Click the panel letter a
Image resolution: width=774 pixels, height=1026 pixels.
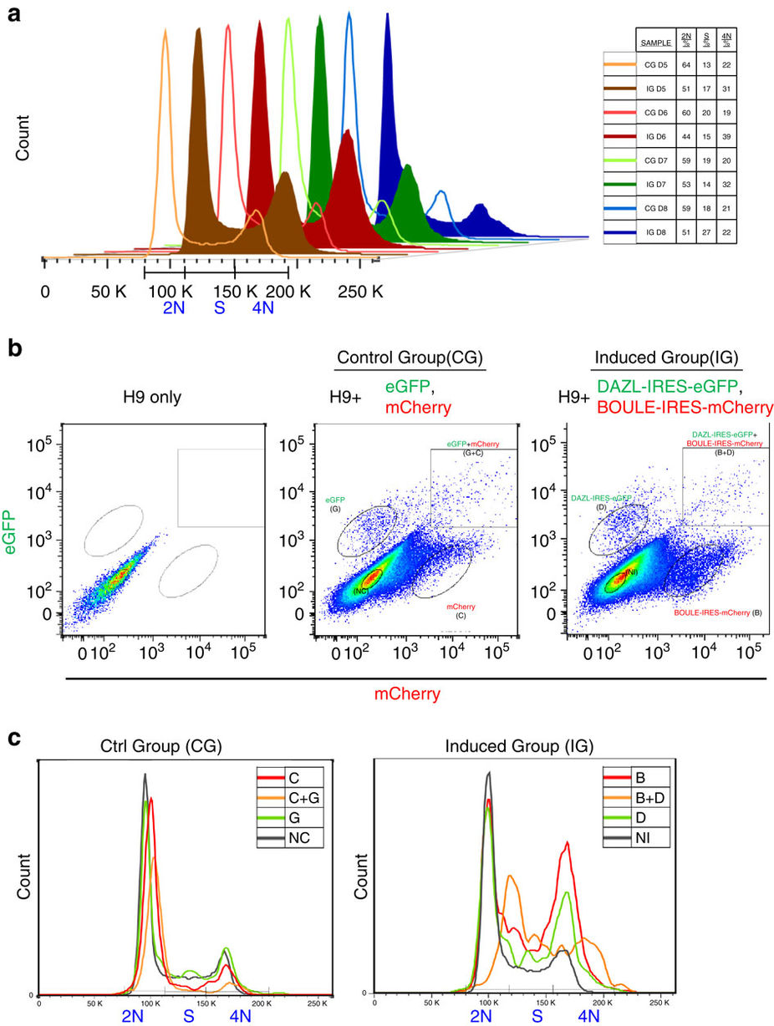(x=13, y=14)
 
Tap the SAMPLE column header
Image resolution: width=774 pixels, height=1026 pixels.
(x=656, y=41)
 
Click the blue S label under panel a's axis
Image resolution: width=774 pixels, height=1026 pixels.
(x=220, y=308)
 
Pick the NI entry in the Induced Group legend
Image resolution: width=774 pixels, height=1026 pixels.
(x=637, y=837)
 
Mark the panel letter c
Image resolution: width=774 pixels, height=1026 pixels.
(x=13, y=738)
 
